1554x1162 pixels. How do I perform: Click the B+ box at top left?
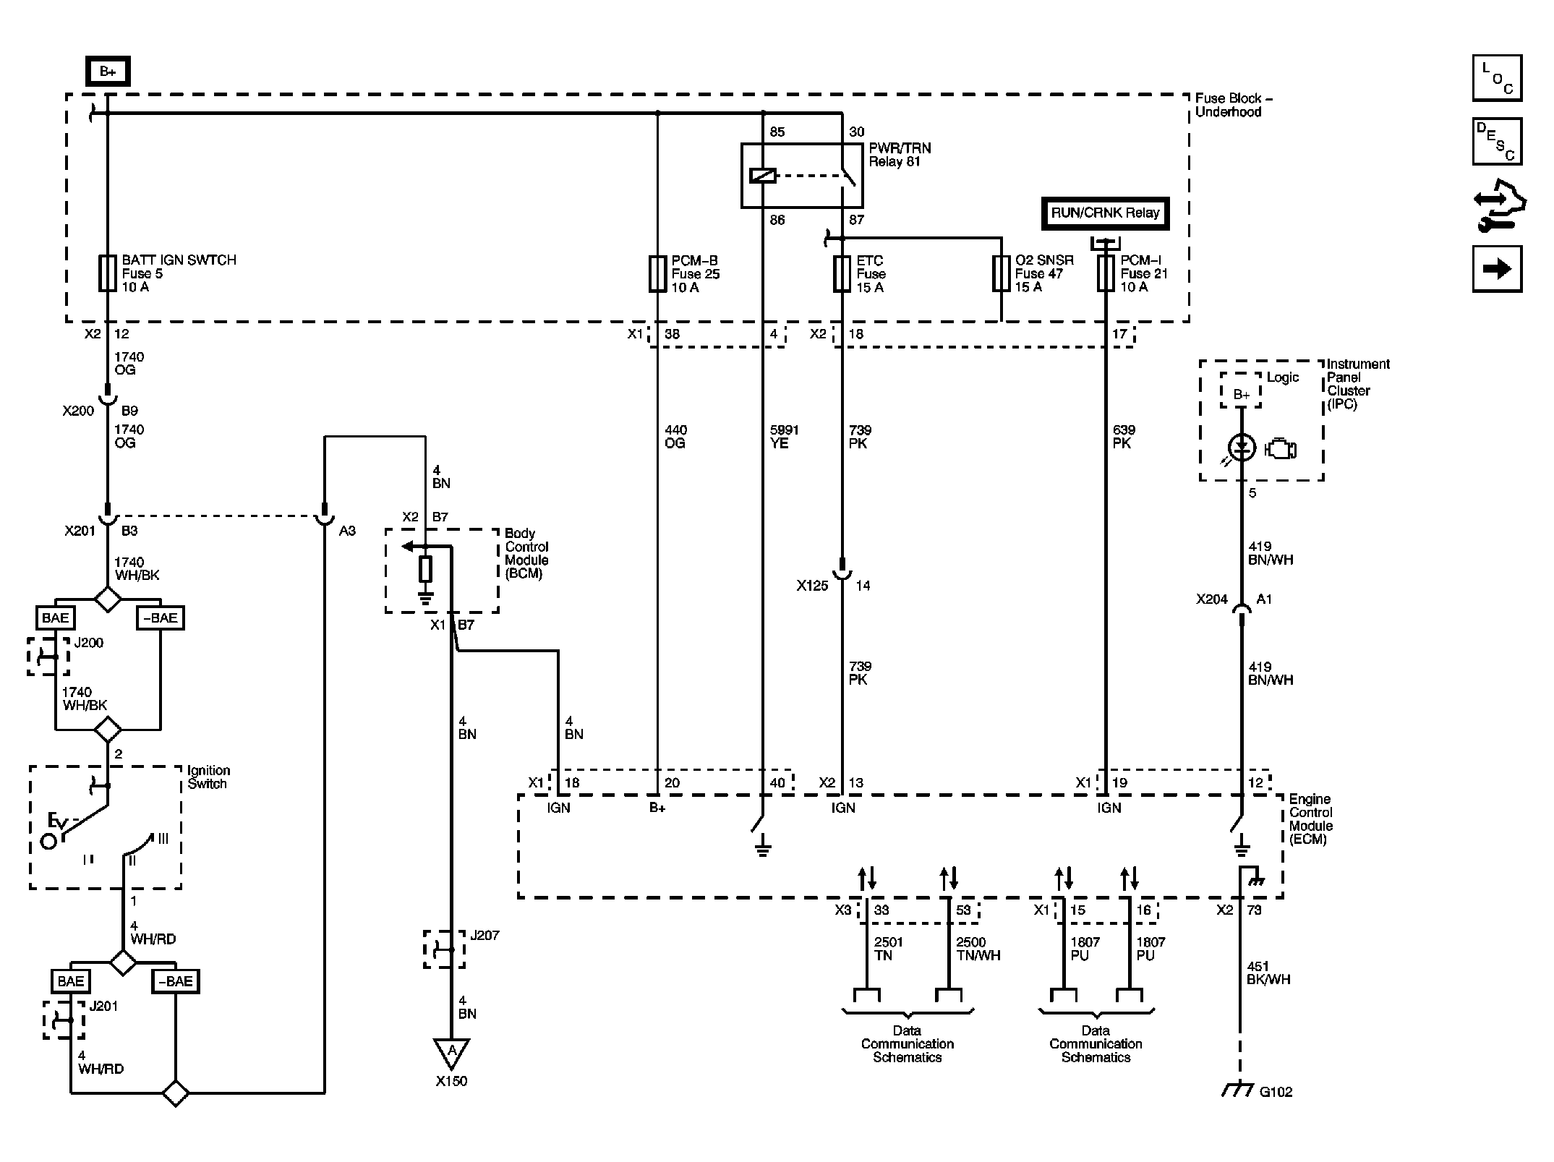(x=108, y=72)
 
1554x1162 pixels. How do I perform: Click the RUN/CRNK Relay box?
(x=1105, y=213)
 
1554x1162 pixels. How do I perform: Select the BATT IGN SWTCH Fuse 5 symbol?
(x=107, y=273)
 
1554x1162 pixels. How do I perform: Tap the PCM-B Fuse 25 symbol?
(x=657, y=274)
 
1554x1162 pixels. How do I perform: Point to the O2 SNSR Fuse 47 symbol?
(x=1001, y=274)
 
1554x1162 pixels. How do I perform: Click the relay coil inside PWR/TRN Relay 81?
(x=763, y=175)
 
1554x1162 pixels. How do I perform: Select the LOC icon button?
(x=1497, y=78)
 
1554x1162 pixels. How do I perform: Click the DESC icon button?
(x=1497, y=142)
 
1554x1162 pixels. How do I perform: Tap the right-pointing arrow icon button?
(x=1497, y=269)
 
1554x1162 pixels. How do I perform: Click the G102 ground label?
(x=1276, y=1092)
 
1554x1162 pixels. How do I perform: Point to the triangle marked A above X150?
(x=452, y=1052)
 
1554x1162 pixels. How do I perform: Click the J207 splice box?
(x=444, y=949)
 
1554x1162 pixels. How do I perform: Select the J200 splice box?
(x=48, y=657)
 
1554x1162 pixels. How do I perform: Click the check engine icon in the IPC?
(x=1281, y=450)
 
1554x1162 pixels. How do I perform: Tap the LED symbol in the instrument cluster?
(x=1242, y=448)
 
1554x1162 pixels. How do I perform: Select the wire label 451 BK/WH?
(x=1268, y=973)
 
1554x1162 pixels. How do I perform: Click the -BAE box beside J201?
(x=176, y=981)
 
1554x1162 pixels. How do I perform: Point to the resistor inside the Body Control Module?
(x=425, y=569)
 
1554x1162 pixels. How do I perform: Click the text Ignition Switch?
(x=208, y=777)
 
